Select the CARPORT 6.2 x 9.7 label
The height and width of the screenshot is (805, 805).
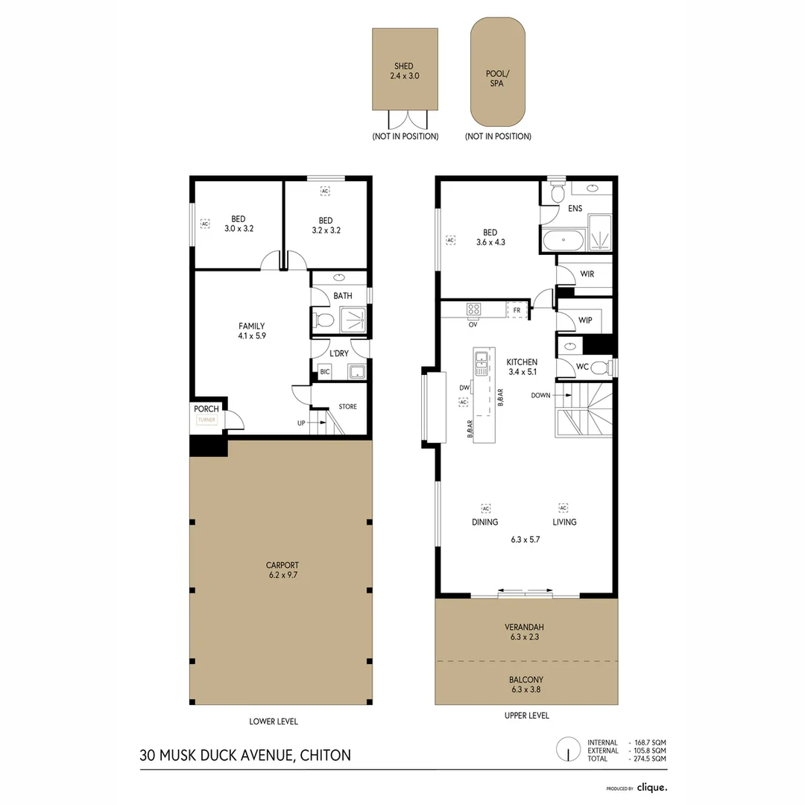tap(282, 570)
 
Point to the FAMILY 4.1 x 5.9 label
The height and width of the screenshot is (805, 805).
tap(251, 331)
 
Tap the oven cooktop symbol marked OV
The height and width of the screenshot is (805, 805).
tap(473, 309)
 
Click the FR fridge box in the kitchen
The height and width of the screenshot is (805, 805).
tap(516, 309)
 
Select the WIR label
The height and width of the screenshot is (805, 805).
tap(587, 274)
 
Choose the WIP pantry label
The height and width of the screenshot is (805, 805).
tap(586, 320)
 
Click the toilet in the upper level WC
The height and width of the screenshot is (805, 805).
tap(600, 366)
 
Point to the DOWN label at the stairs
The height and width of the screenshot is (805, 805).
tap(541, 395)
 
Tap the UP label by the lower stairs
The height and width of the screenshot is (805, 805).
tap(301, 423)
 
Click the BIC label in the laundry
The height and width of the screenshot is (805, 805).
tap(324, 371)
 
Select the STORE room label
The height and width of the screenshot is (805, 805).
tap(347, 407)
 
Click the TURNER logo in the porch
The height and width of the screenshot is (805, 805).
tap(206, 420)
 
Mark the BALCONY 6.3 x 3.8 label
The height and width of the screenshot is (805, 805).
tap(526, 684)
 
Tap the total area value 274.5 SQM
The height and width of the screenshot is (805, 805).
tap(648, 758)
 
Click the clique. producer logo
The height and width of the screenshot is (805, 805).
tap(651, 787)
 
